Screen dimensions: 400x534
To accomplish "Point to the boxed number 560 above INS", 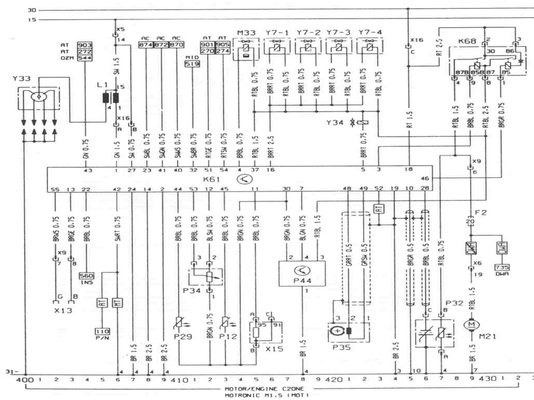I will tap(86, 275).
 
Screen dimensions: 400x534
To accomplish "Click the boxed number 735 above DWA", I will tap(502, 267).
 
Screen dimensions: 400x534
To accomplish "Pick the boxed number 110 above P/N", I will tap(102, 331).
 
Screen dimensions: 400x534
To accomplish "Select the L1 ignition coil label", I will tap(101, 87).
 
